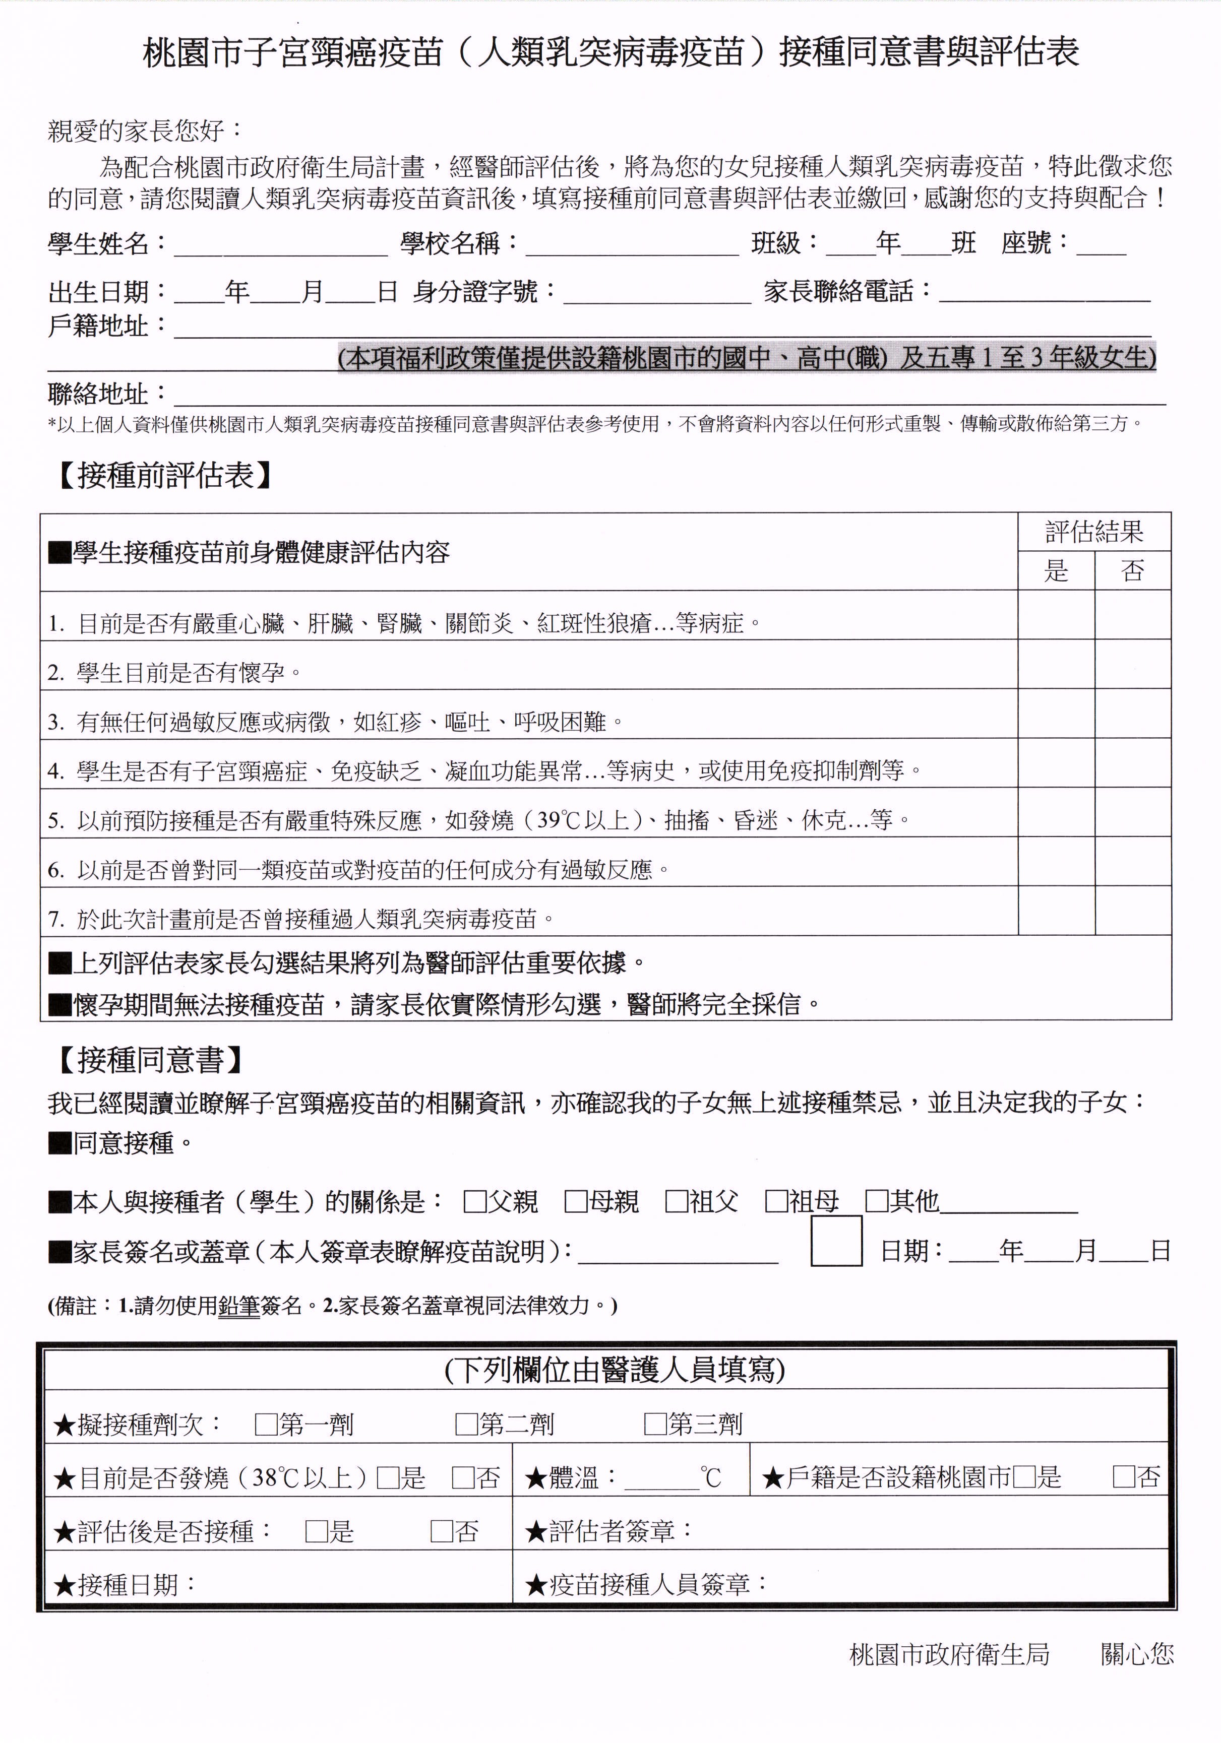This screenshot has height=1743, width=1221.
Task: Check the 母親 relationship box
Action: (x=576, y=1202)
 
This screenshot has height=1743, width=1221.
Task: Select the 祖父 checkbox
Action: (x=676, y=1202)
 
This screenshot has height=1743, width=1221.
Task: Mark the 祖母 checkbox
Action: (x=776, y=1202)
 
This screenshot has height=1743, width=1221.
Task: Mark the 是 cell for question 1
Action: (x=1056, y=615)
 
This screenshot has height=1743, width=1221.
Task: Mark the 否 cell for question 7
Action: (x=1133, y=910)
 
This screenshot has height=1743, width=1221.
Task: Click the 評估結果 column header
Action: (x=1094, y=532)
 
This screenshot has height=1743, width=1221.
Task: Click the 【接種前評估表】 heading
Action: (x=165, y=476)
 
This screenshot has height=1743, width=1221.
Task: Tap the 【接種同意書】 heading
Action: (x=150, y=1060)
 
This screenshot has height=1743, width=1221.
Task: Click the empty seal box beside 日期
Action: (x=836, y=1241)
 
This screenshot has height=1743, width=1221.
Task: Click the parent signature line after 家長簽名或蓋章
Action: (x=678, y=1253)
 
